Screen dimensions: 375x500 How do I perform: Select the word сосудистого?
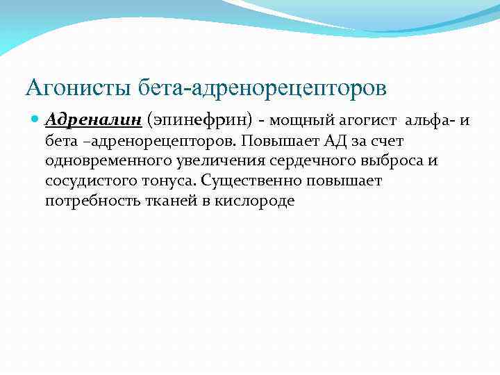pos(84,181)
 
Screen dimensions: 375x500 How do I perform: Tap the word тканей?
pos(154,201)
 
